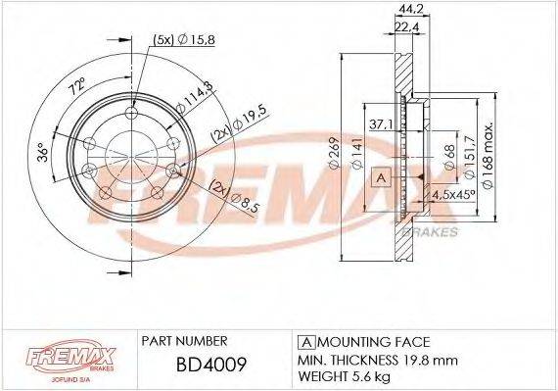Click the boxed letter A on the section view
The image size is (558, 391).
[x=381, y=177]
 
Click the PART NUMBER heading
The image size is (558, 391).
[x=185, y=341]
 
